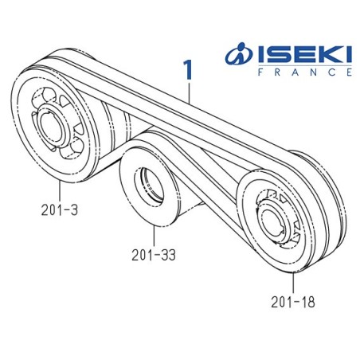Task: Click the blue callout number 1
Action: [189, 70]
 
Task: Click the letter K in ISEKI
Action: [321, 55]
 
